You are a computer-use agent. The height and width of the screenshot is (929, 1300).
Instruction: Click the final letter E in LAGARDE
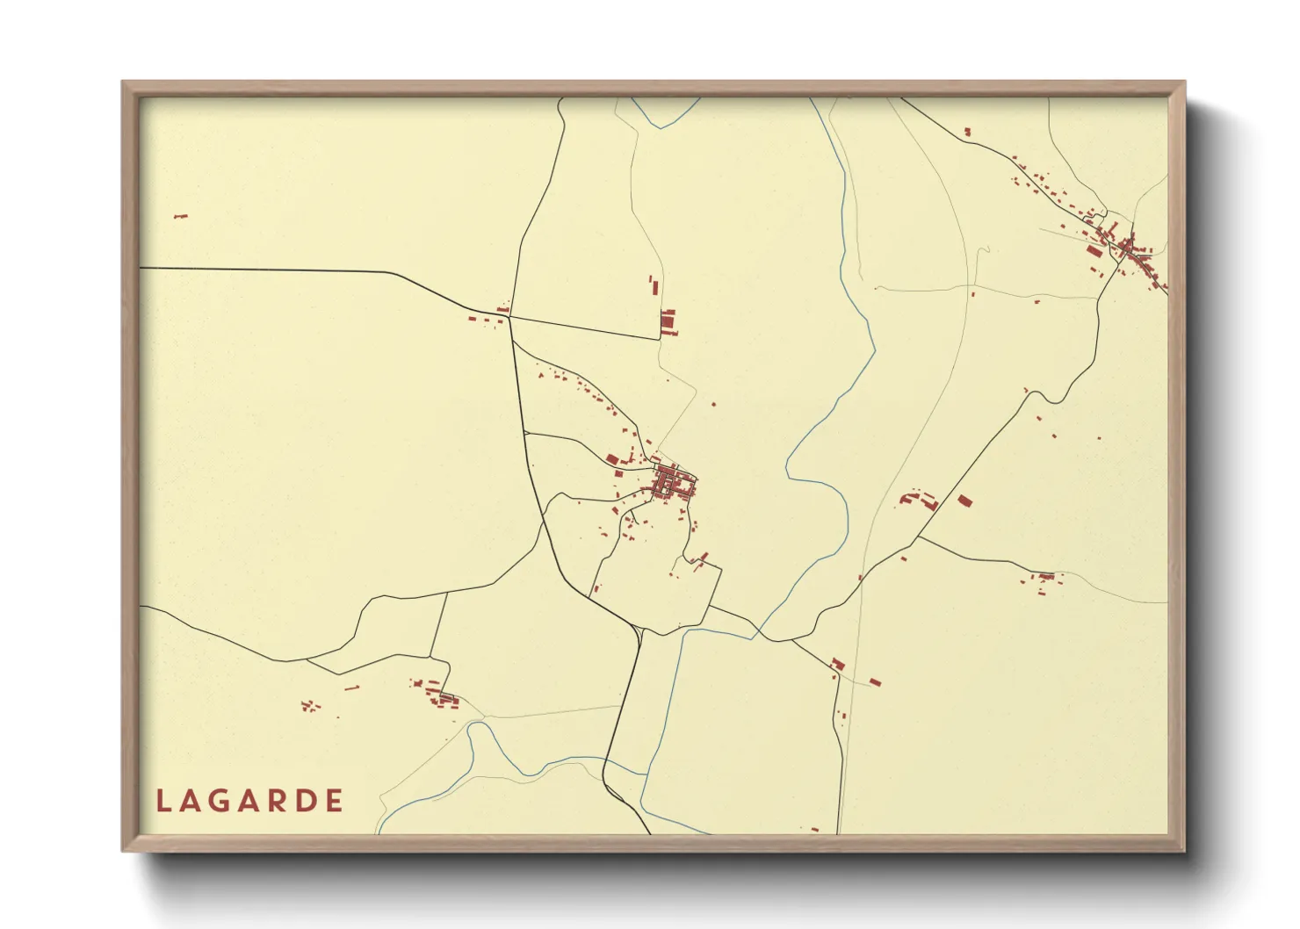(x=334, y=801)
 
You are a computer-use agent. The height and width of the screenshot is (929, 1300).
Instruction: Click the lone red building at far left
(x=181, y=216)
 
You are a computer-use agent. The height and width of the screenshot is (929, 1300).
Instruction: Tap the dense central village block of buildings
(x=672, y=484)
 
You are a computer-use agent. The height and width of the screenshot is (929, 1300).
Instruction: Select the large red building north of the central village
(x=668, y=322)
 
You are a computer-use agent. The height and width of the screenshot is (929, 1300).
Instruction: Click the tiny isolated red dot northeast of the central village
(x=713, y=404)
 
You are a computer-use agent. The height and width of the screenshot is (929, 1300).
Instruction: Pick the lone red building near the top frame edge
(x=967, y=132)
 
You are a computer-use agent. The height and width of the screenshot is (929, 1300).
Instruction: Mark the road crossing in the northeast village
(x=1123, y=249)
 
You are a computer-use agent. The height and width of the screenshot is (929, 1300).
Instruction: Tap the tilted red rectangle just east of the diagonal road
(x=964, y=501)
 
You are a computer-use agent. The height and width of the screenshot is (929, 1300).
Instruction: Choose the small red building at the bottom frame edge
(x=814, y=829)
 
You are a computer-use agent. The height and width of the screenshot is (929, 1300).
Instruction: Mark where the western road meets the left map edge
(x=141, y=267)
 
